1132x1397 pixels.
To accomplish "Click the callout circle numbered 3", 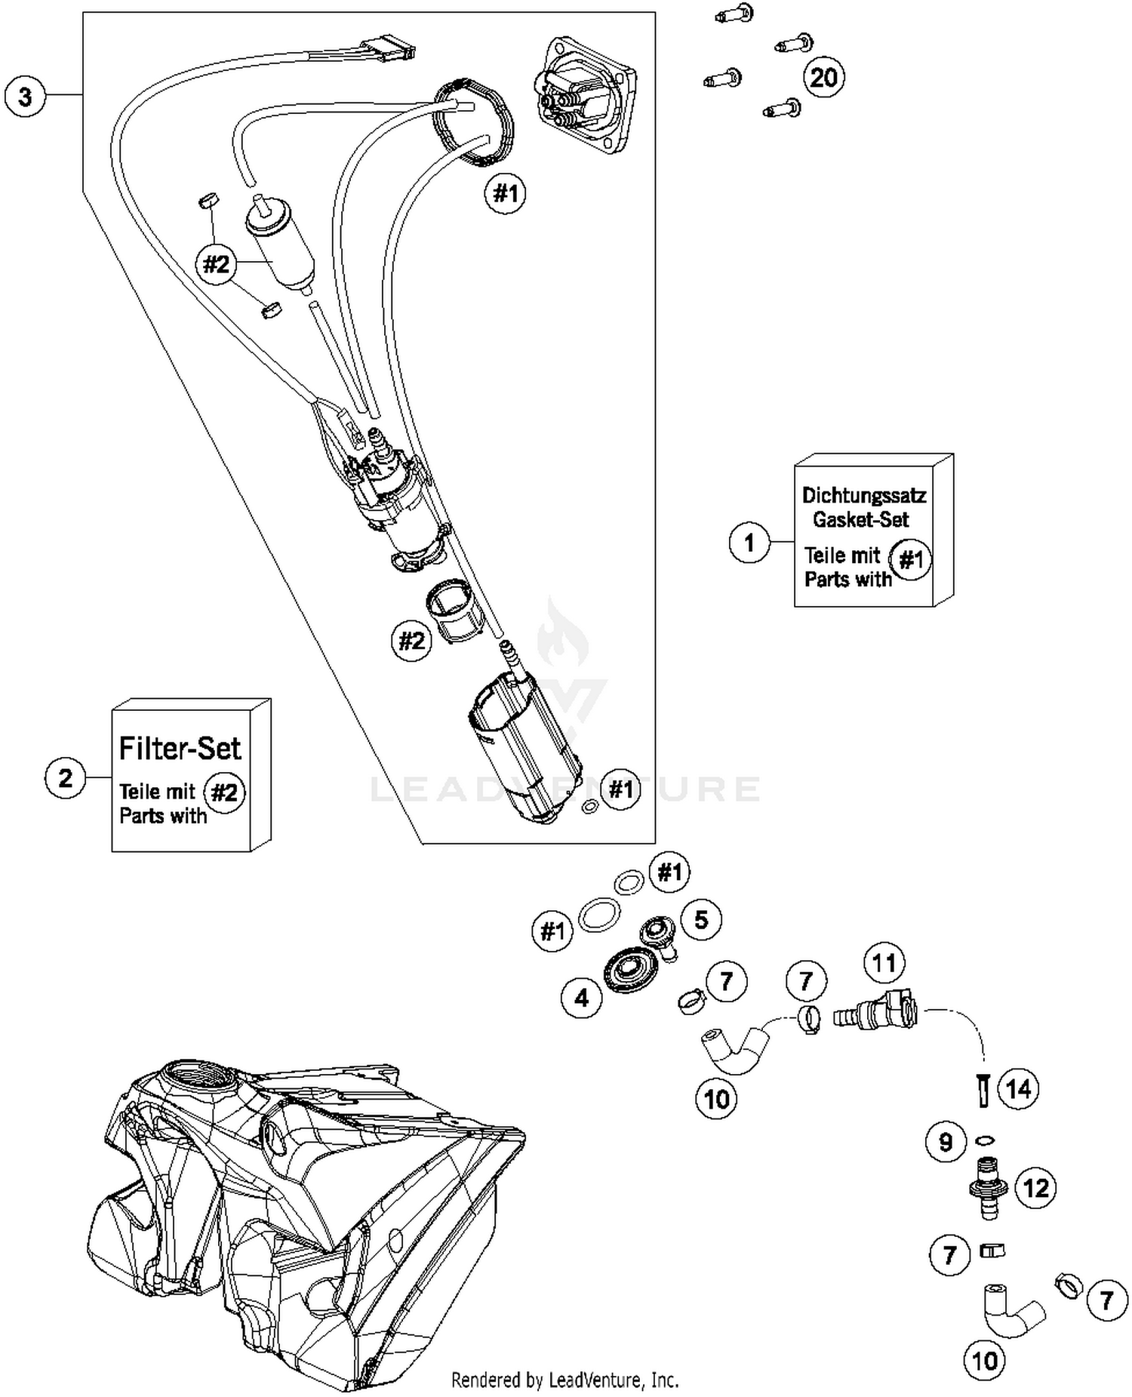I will pyautogui.click(x=25, y=97).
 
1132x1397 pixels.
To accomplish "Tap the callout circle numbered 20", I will pyautogui.click(x=823, y=77).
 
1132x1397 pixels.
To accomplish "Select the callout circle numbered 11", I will pyautogui.click(x=884, y=963).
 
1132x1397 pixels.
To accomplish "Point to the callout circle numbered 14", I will pyautogui.click(x=1018, y=1088).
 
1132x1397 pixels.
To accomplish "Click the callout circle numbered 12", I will pyautogui.click(x=1035, y=1188).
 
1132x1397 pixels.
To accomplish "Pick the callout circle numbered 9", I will pyautogui.click(x=946, y=1142).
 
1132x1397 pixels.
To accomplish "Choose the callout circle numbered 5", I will pyautogui.click(x=701, y=919).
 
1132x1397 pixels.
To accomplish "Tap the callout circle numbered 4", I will pyautogui.click(x=582, y=998).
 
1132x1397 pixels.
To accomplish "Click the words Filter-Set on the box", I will pyautogui.click(x=180, y=748).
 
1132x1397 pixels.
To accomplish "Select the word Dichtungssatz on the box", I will pyautogui.click(x=863, y=496).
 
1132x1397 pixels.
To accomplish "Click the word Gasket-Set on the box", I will pyautogui.click(x=860, y=519).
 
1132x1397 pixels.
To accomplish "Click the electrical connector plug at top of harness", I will pyautogui.click(x=389, y=48).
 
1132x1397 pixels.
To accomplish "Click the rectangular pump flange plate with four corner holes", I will pyautogui.click(x=583, y=94).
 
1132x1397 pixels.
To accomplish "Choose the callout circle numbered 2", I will pyautogui.click(x=66, y=777).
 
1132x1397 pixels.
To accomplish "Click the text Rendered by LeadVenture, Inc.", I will pyautogui.click(x=564, y=1380).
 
